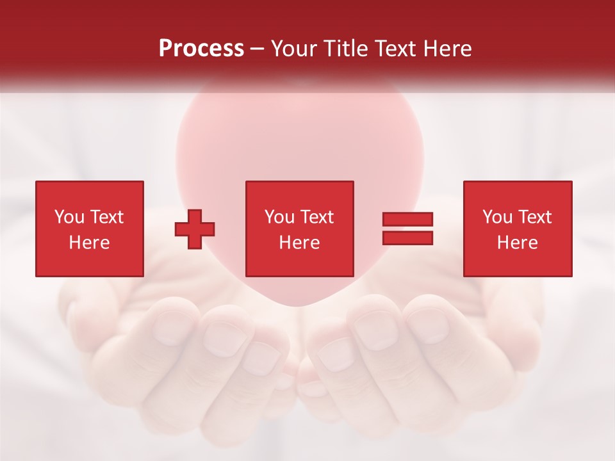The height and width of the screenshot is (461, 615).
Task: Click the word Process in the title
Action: point(201,49)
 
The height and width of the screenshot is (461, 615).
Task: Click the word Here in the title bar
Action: point(447,49)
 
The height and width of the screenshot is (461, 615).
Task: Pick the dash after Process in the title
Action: point(257,49)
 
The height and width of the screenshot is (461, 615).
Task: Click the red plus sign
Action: point(195,229)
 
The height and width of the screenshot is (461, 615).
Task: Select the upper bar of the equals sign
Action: point(407,220)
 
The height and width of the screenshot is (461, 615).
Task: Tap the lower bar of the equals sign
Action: point(407,238)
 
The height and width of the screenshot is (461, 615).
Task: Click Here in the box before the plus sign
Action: point(89,243)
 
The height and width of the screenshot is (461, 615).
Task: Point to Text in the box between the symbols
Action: point(316,217)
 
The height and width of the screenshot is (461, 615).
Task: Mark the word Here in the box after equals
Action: point(517,243)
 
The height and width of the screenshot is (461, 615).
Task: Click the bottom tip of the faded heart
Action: point(296,305)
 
